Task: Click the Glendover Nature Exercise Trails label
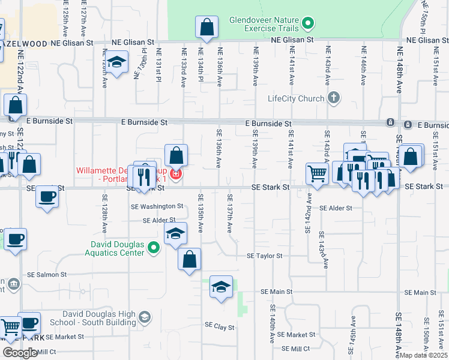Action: [x=265, y=23]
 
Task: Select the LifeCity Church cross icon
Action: [x=334, y=98]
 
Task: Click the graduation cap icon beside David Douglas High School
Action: [x=144, y=317]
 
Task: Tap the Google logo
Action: [x=20, y=353]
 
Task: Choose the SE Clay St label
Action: [x=219, y=326]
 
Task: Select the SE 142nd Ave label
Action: [x=309, y=214]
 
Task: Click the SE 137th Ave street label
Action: [x=229, y=213]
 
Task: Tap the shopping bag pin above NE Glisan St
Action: [x=206, y=28]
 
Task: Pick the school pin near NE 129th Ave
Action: [x=118, y=62]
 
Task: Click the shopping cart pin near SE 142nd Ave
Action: [x=317, y=173]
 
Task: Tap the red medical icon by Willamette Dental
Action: [x=175, y=175]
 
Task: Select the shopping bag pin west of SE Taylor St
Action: [x=189, y=259]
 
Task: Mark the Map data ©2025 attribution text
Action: [x=423, y=355]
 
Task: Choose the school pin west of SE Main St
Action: [x=221, y=289]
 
